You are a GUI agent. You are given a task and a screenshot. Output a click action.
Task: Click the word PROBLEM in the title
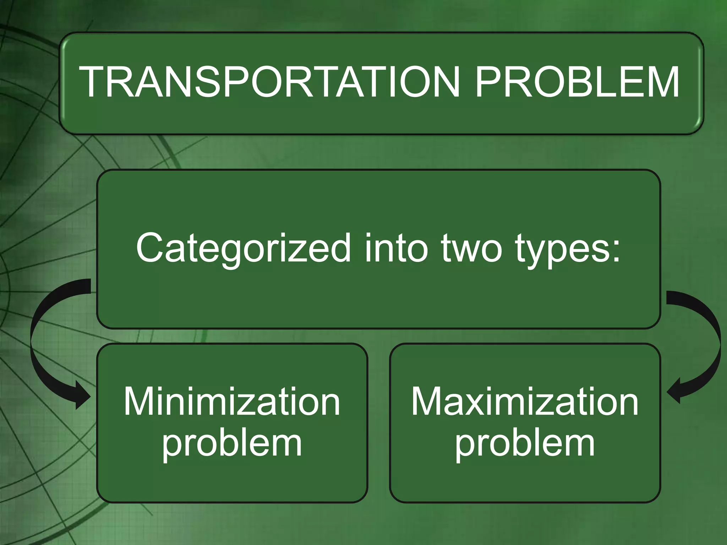577,82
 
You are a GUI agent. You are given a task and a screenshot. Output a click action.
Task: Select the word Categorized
243,248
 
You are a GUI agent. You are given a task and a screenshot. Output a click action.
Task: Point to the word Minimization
232,402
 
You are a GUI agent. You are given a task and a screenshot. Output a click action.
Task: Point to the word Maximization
525,402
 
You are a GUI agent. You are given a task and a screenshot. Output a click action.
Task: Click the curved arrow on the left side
39,337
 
